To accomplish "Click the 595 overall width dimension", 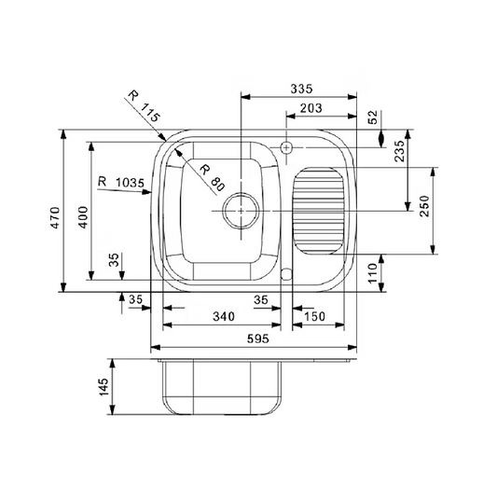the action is pyautogui.click(x=258, y=338).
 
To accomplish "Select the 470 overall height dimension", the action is pyautogui.click(x=55, y=218).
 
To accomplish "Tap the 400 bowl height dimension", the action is pyautogui.click(x=83, y=217).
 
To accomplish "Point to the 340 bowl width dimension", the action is pyautogui.click(x=224, y=316).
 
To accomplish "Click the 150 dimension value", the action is pyautogui.click(x=314, y=316).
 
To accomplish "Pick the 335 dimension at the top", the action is pyautogui.click(x=301, y=89).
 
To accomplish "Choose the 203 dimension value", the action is pyautogui.click(x=311, y=108).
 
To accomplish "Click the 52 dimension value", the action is pyautogui.click(x=373, y=117).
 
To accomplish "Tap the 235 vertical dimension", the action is pyautogui.click(x=400, y=151).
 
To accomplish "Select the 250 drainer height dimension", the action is pyautogui.click(x=424, y=206).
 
